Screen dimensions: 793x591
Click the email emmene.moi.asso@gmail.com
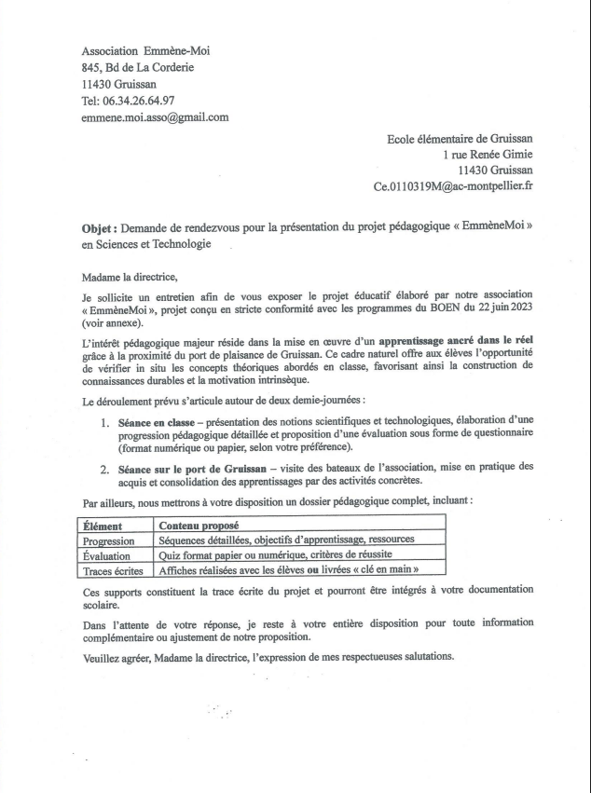pos(156,117)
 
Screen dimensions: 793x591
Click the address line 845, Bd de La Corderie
pos(138,67)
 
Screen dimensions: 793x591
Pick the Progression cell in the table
pos(109,540)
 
